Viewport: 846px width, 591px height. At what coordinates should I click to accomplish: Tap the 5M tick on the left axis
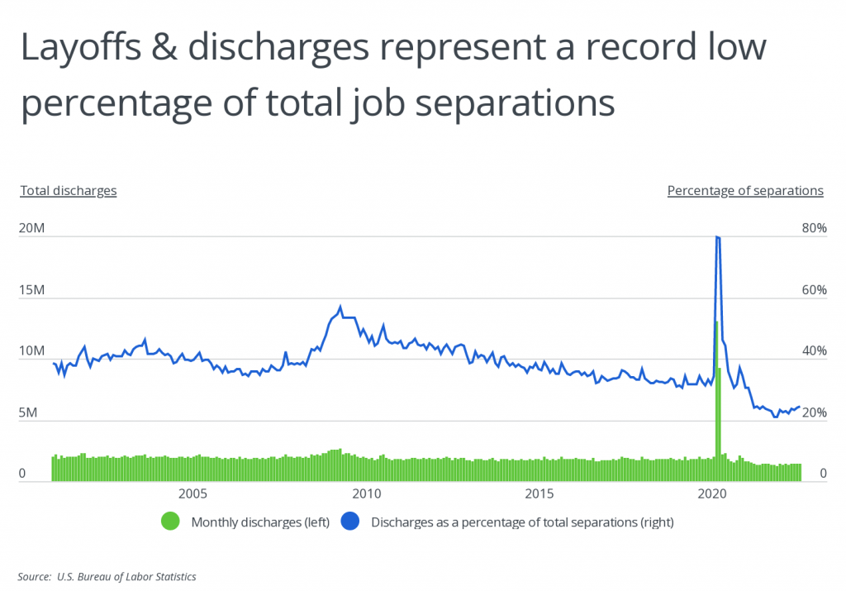(28, 412)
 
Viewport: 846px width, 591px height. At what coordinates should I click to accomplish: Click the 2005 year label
(192, 494)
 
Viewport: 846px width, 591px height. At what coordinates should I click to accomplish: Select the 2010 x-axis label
(365, 494)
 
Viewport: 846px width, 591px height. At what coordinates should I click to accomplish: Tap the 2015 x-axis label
(539, 494)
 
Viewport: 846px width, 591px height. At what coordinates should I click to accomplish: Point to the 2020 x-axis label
(712, 494)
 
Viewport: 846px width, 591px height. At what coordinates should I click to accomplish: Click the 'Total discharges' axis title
(69, 190)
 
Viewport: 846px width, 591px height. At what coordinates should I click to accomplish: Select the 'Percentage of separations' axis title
(745, 190)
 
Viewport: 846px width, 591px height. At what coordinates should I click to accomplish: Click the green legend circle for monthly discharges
(171, 522)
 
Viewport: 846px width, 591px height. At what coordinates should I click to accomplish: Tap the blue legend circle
(352, 522)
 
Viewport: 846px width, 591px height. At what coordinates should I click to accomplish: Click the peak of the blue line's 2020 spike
(716, 237)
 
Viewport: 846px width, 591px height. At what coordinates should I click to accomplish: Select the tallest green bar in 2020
(716, 397)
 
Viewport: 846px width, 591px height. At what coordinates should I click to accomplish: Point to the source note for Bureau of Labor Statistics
(107, 576)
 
